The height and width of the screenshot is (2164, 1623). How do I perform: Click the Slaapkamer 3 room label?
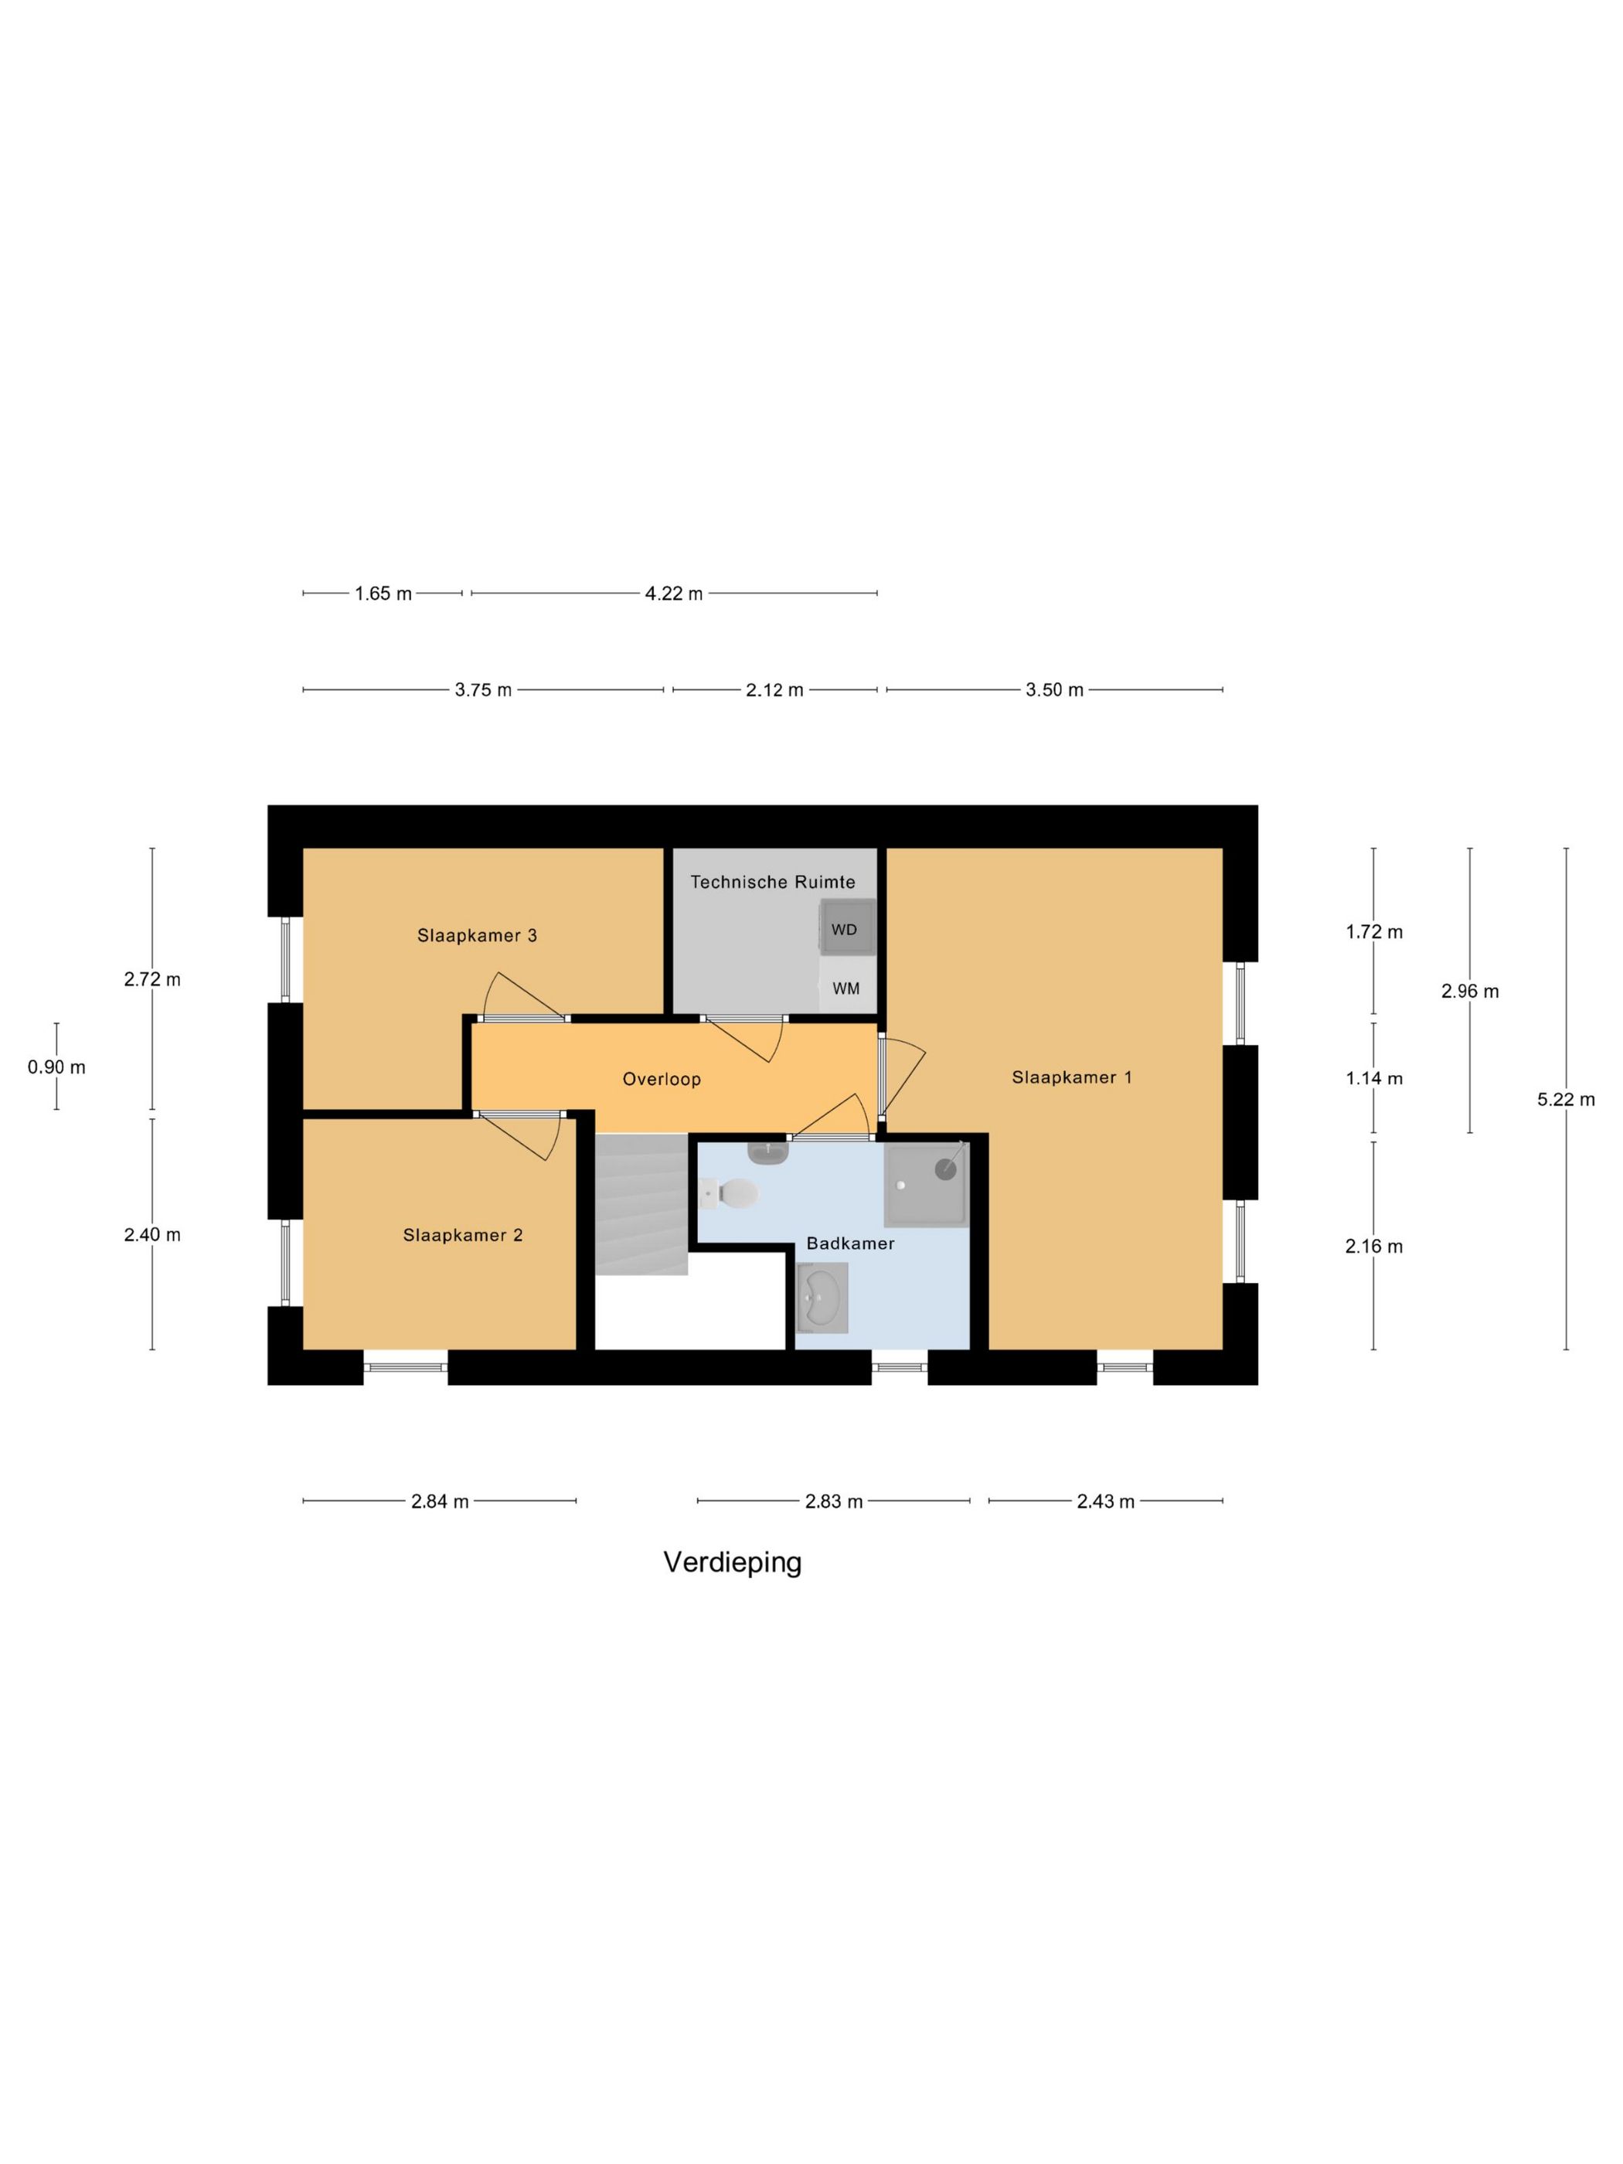[x=476, y=935]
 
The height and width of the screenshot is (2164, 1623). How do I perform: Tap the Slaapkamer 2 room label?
[x=463, y=1236]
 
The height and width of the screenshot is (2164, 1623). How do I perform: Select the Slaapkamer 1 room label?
[x=1071, y=1077]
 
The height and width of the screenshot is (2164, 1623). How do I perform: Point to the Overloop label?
[x=662, y=1079]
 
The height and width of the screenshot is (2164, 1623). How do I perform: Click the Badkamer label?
[x=850, y=1244]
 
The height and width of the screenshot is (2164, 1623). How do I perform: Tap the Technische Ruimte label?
[x=773, y=882]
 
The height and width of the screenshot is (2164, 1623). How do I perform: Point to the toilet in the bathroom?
[x=731, y=1193]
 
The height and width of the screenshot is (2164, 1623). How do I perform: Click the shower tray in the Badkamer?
[x=924, y=1185]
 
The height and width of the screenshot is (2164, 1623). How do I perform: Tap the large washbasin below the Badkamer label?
[x=822, y=1297]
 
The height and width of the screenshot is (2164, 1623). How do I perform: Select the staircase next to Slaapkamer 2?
[x=641, y=1203]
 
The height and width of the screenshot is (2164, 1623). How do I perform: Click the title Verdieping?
[x=732, y=1563]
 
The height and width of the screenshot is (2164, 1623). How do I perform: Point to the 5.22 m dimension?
[x=1565, y=1100]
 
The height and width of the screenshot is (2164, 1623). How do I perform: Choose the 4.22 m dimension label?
[x=673, y=594]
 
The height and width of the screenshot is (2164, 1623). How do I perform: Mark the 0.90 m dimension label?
[x=56, y=1067]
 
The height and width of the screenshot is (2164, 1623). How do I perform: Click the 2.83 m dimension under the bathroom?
[x=833, y=1502]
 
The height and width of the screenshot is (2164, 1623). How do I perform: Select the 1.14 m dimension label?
[x=1373, y=1079]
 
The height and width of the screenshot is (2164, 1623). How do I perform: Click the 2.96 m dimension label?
[x=1469, y=991]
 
